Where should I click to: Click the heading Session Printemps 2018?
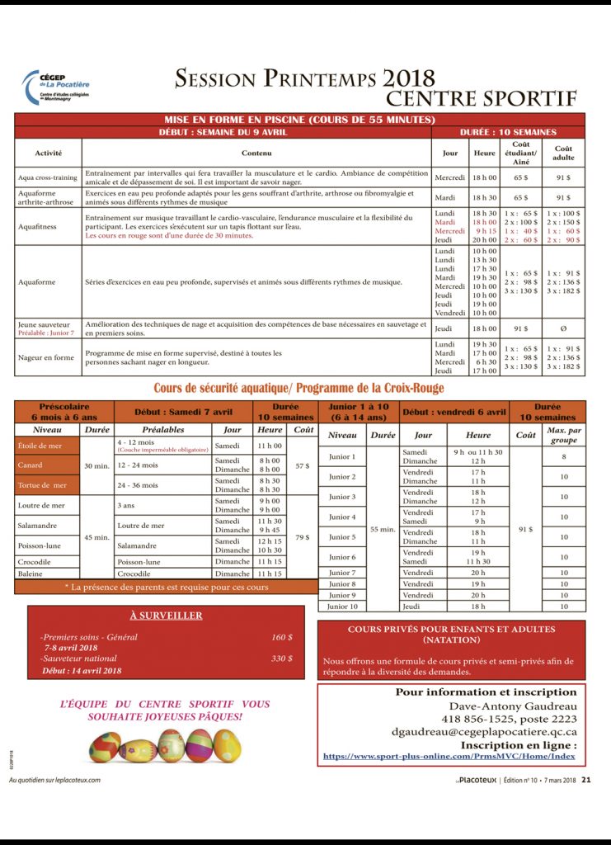304,78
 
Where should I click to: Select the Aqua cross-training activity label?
47,177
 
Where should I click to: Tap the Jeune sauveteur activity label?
44,324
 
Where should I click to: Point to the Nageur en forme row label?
46,356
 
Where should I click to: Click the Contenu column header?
256,153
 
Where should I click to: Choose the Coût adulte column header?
563,153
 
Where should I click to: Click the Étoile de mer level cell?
38,446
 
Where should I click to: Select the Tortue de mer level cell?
42,485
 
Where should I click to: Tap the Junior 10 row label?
342,607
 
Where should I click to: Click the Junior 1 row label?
342,456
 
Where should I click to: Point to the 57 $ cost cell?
303,465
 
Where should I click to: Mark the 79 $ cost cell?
303,537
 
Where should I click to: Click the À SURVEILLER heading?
166,616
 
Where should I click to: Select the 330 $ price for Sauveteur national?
282,659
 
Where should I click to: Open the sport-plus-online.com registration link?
449,756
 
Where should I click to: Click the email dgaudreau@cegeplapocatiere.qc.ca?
483,731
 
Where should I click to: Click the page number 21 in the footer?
585,778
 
